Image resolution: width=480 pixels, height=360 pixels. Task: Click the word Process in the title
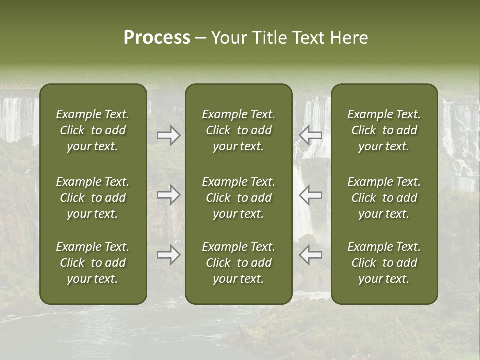[x=157, y=38]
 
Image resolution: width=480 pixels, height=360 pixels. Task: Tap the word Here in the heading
[x=349, y=38]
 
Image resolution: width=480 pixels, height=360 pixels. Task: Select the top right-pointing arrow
[x=168, y=135]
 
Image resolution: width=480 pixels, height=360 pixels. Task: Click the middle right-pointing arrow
[x=168, y=194]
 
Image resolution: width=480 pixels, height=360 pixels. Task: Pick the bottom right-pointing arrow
[x=168, y=254]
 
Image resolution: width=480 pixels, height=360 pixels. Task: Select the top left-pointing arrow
[x=311, y=135]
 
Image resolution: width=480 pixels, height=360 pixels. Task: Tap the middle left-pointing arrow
[x=311, y=194]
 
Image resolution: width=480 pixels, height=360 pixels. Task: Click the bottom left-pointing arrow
[x=311, y=254]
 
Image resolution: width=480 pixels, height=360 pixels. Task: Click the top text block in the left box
[x=93, y=130]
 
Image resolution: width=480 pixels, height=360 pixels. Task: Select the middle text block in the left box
[x=93, y=198]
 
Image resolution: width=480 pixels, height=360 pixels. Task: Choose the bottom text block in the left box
[x=93, y=263]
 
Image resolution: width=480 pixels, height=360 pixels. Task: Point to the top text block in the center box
[x=238, y=130]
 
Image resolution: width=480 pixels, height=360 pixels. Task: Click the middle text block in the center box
[x=238, y=198]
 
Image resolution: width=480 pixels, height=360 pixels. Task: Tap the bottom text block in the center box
[x=238, y=263]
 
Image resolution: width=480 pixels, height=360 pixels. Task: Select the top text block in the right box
[x=384, y=130]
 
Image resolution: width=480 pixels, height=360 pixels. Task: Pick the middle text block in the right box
[x=384, y=198]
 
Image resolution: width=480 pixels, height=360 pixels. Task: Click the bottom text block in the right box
[x=384, y=263]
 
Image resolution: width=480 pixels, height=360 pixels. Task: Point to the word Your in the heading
[x=228, y=38]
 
